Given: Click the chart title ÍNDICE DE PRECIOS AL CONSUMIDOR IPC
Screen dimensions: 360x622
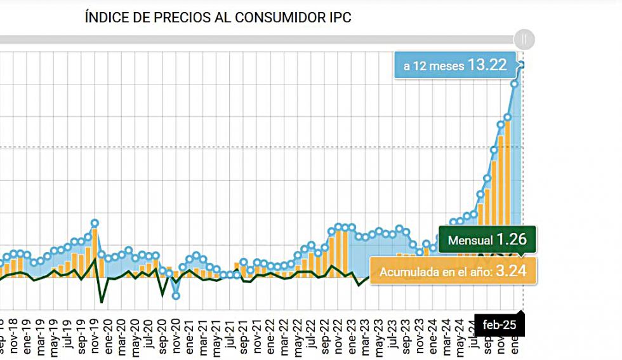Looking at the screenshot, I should pyautogui.click(x=218, y=18).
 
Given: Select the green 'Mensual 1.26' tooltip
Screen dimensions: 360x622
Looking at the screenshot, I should pyautogui.click(x=487, y=241).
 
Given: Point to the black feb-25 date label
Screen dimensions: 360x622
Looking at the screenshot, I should pyautogui.click(x=500, y=325).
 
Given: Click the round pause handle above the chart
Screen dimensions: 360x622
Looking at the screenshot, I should pyautogui.click(x=524, y=39).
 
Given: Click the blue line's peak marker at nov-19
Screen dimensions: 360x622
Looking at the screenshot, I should pyautogui.click(x=95, y=223).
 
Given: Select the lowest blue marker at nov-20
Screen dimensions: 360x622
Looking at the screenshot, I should pyautogui.click(x=176, y=295).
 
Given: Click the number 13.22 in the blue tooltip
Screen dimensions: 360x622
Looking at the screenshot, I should pyautogui.click(x=488, y=64).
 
